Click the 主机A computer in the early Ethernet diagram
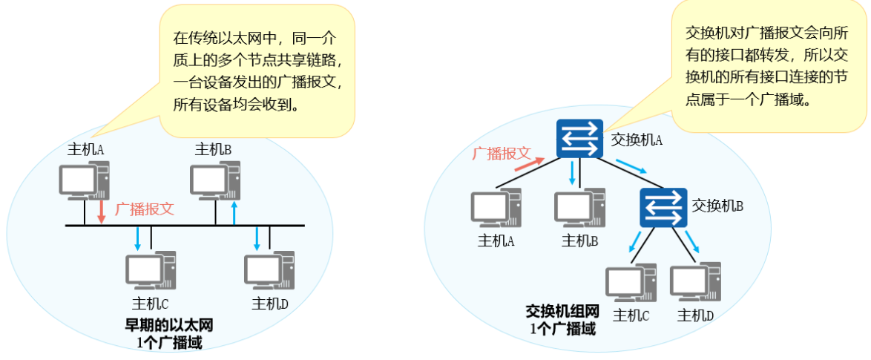[x=82, y=180]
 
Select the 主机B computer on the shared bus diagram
[x=214, y=180]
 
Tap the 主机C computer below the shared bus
[x=151, y=272]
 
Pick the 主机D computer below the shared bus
[x=269, y=272]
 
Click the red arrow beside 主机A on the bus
[x=102, y=210]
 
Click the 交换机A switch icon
[x=580, y=138]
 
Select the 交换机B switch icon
[x=662, y=207]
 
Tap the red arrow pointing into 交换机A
[x=527, y=164]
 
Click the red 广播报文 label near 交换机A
[x=502, y=153]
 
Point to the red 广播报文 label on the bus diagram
[x=145, y=209]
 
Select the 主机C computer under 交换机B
[x=631, y=283]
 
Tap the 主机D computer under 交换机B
[x=696, y=283]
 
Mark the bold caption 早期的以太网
[x=170, y=325]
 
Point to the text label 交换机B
[x=717, y=205]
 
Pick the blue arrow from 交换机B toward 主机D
[x=692, y=240]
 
